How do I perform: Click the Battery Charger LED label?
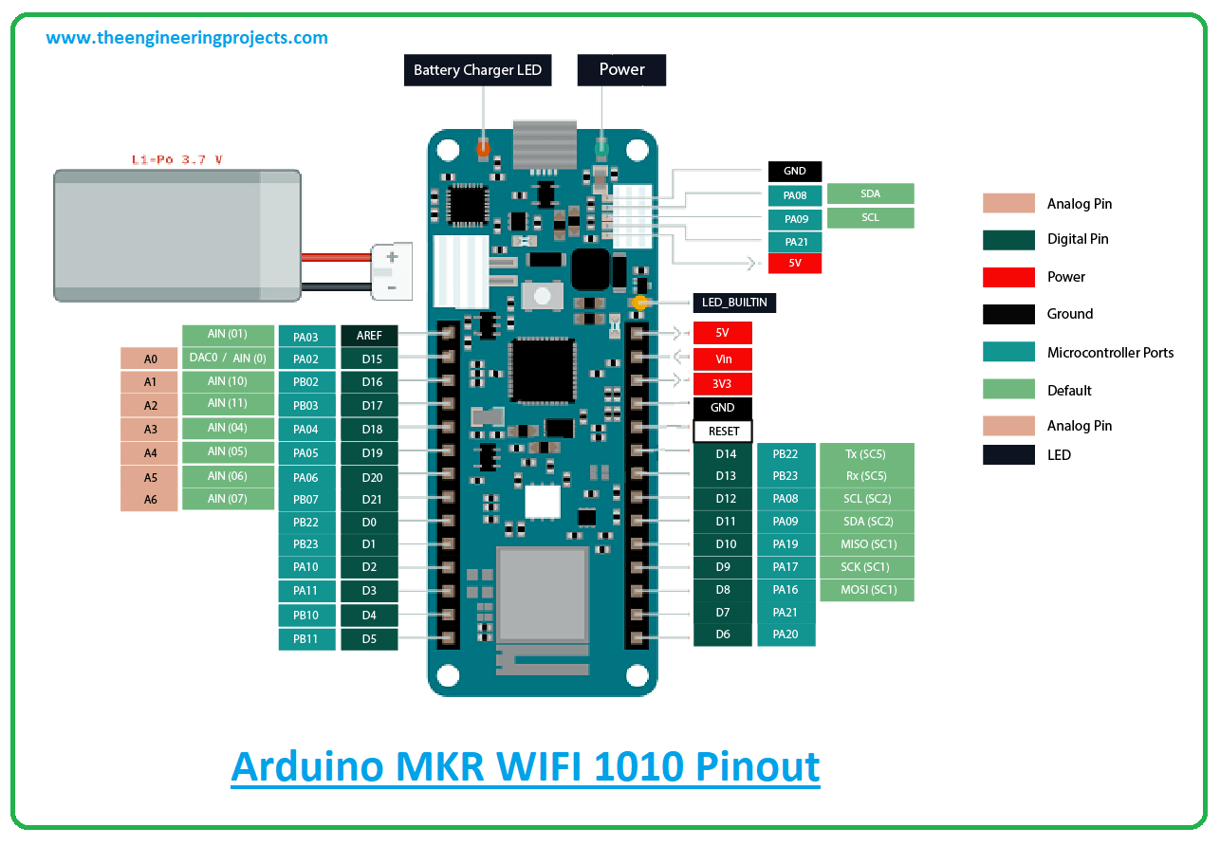point(477,70)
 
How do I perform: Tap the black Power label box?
point(621,70)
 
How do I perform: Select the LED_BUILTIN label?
point(735,303)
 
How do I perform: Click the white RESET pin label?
point(723,432)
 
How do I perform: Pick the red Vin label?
point(723,359)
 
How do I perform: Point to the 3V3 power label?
point(723,384)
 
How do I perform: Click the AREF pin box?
point(369,336)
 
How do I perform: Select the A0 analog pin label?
point(150,359)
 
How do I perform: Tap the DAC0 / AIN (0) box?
point(228,359)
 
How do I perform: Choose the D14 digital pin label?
point(725,454)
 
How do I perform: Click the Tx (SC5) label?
point(866,454)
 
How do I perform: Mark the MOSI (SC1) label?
point(867,590)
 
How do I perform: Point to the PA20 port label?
point(786,634)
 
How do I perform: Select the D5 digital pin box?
point(369,639)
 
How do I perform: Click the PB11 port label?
point(306,639)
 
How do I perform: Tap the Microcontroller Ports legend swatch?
point(1008,352)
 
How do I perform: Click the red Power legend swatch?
point(1008,277)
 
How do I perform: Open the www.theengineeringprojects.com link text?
point(187,39)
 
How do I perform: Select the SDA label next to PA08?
point(870,193)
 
